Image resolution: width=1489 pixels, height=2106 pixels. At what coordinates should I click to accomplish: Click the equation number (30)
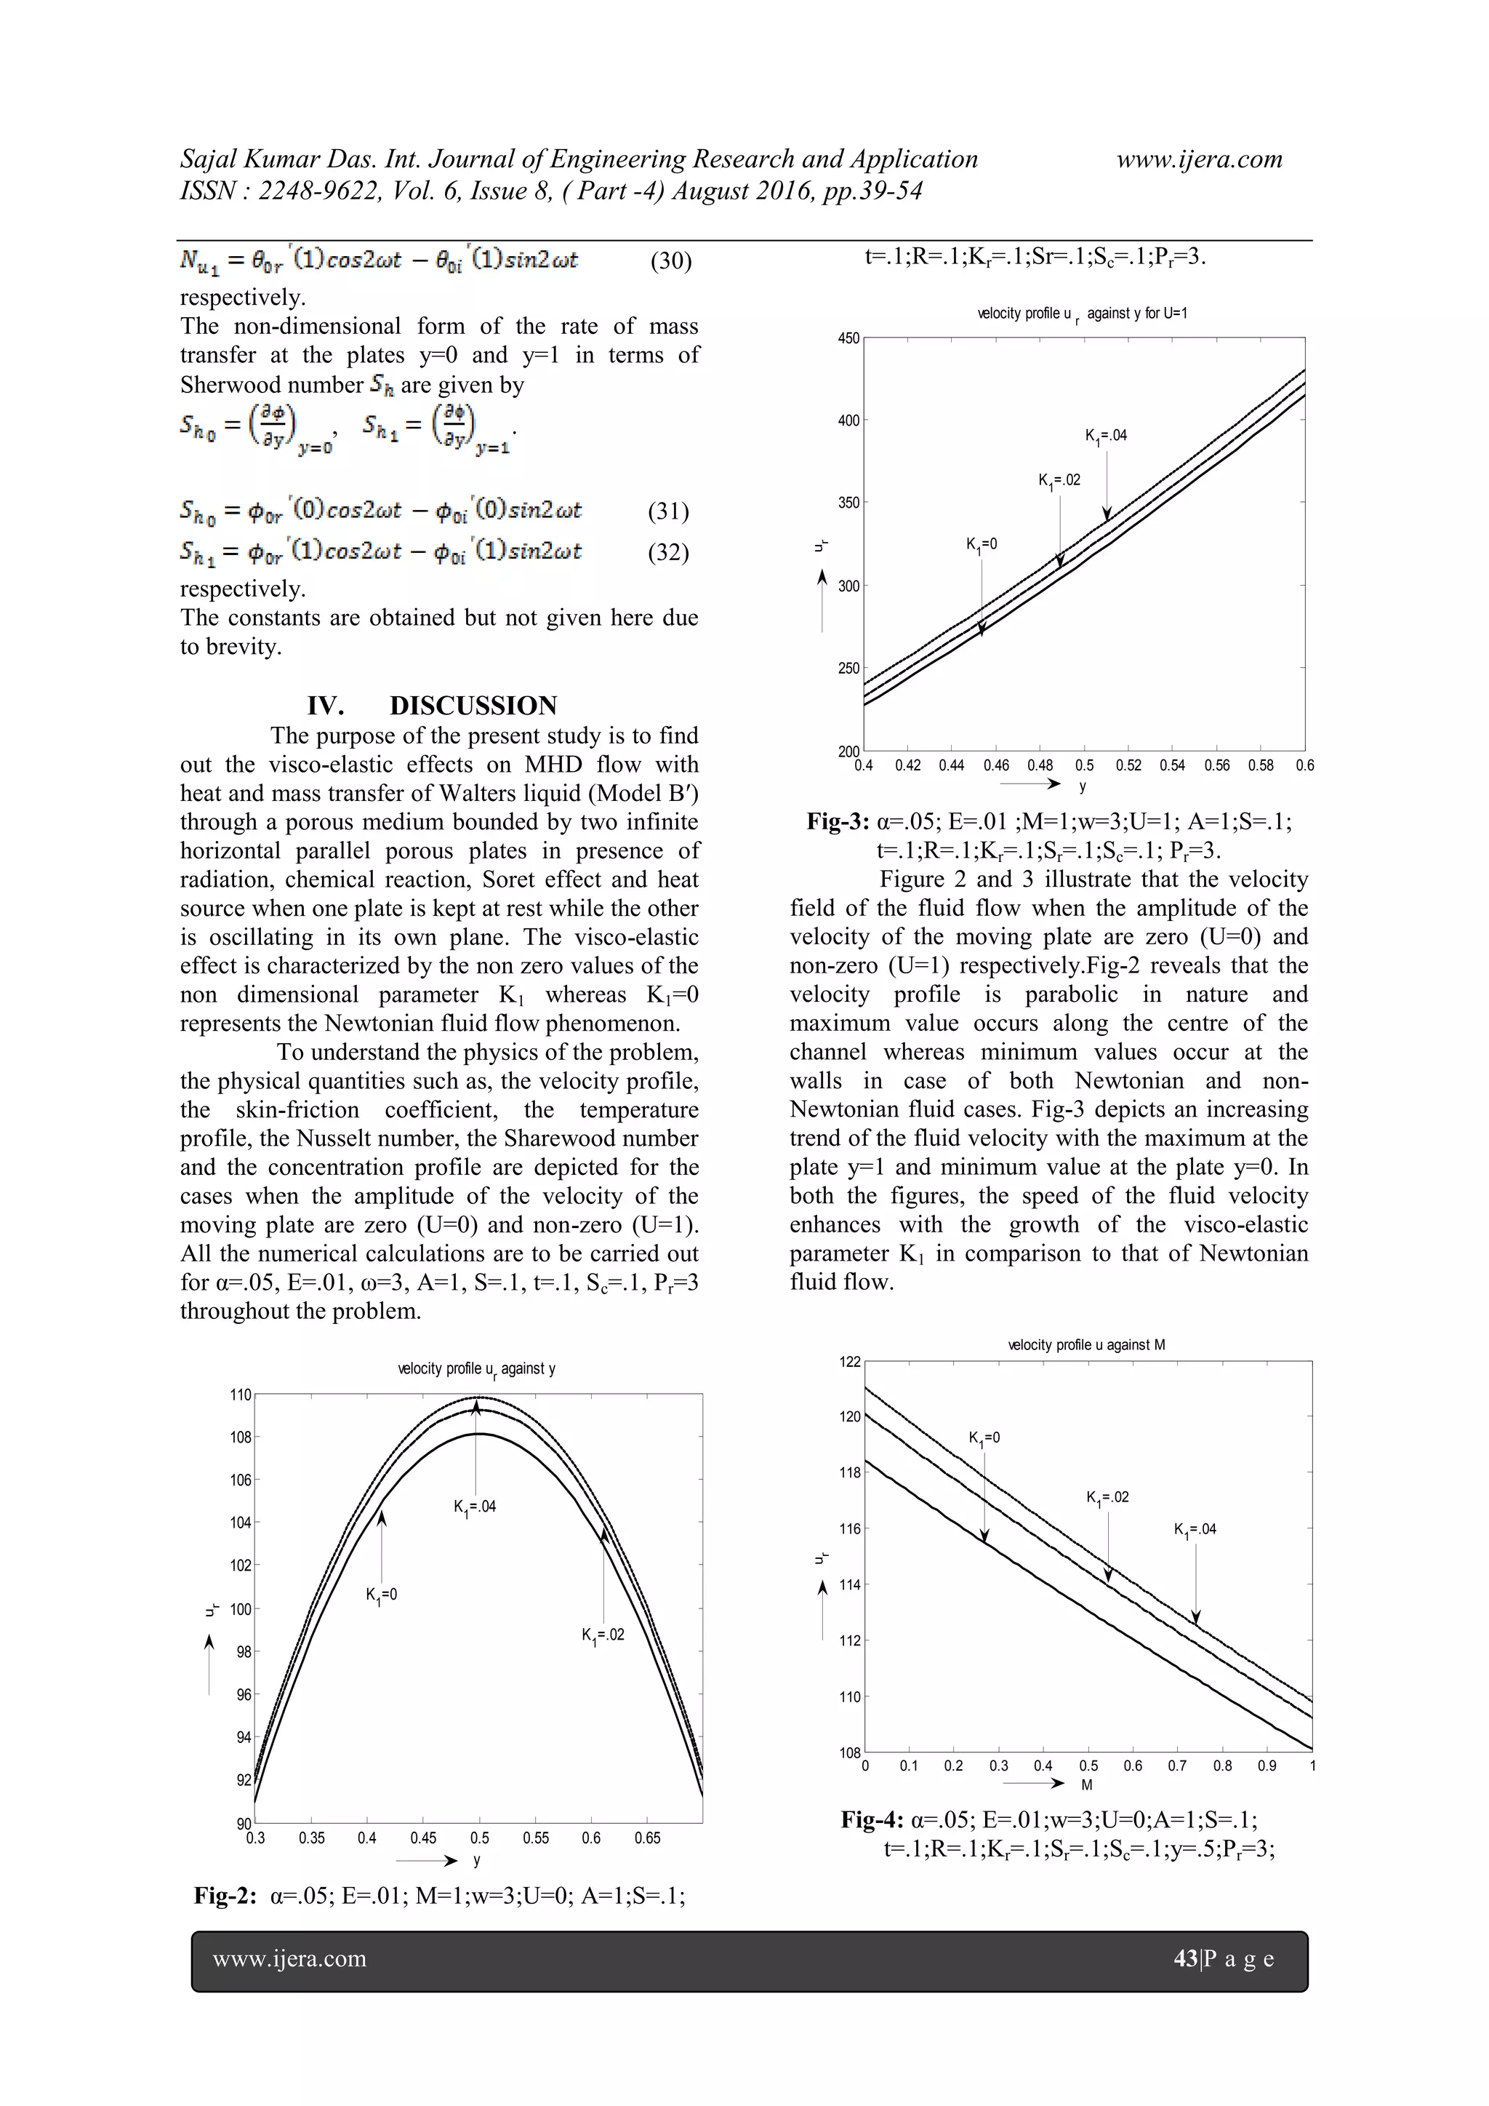click(x=671, y=261)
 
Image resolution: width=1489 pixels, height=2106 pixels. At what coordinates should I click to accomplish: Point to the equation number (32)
click(x=668, y=552)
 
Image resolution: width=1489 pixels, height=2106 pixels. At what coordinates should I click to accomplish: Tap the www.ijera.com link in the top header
click(x=1198, y=159)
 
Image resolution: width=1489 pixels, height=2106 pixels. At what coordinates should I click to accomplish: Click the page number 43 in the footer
click(x=1186, y=1958)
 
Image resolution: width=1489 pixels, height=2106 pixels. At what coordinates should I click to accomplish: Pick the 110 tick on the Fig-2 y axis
click(x=240, y=1395)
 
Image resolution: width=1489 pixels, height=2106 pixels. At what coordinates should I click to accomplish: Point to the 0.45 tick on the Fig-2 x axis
click(x=424, y=1838)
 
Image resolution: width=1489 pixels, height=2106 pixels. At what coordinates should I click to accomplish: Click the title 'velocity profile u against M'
click(x=1086, y=1344)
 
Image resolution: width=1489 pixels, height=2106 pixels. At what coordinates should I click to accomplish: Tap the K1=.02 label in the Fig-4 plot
click(x=1107, y=1498)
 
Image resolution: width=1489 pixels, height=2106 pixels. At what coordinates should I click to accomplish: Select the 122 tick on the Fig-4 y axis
click(x=850, y=1362)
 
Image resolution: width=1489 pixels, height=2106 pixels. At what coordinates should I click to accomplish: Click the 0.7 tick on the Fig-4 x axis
click(x=1177, y=1766)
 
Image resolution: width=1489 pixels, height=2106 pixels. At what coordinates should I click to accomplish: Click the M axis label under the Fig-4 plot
click(x=1086, y=1785)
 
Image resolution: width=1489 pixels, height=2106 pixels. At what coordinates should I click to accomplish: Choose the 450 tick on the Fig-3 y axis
click(x=849, y=338)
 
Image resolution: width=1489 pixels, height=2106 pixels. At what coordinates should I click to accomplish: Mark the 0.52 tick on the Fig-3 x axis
click(x=1128, y=765)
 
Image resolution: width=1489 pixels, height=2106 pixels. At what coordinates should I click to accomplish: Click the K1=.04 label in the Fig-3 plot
click(x=1106, y=436)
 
